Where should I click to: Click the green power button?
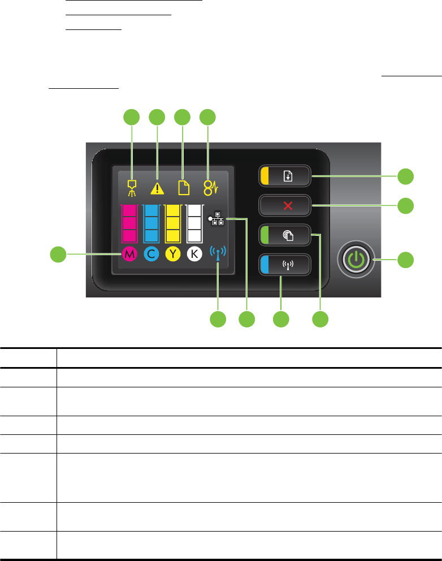click(354, 260)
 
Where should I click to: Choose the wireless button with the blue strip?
click(285, 264)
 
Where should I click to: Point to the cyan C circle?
click(151, 254)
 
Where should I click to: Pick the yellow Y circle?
click(172, 254)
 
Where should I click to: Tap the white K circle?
click(194, 254)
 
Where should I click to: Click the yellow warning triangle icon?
click(157, 188)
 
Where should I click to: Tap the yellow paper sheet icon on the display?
click(183, 187)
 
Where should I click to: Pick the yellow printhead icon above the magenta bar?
click(132, 188)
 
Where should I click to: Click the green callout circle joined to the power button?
click(405, 260)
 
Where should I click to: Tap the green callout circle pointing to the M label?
click(57, 254)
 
